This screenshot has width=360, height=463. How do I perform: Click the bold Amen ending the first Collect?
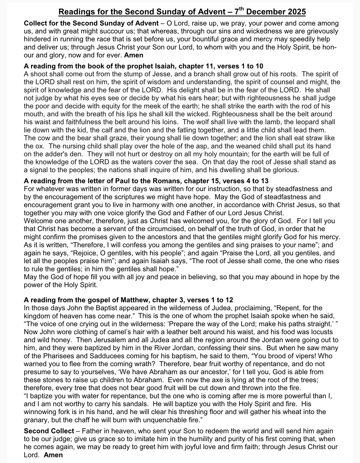point(134,55)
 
